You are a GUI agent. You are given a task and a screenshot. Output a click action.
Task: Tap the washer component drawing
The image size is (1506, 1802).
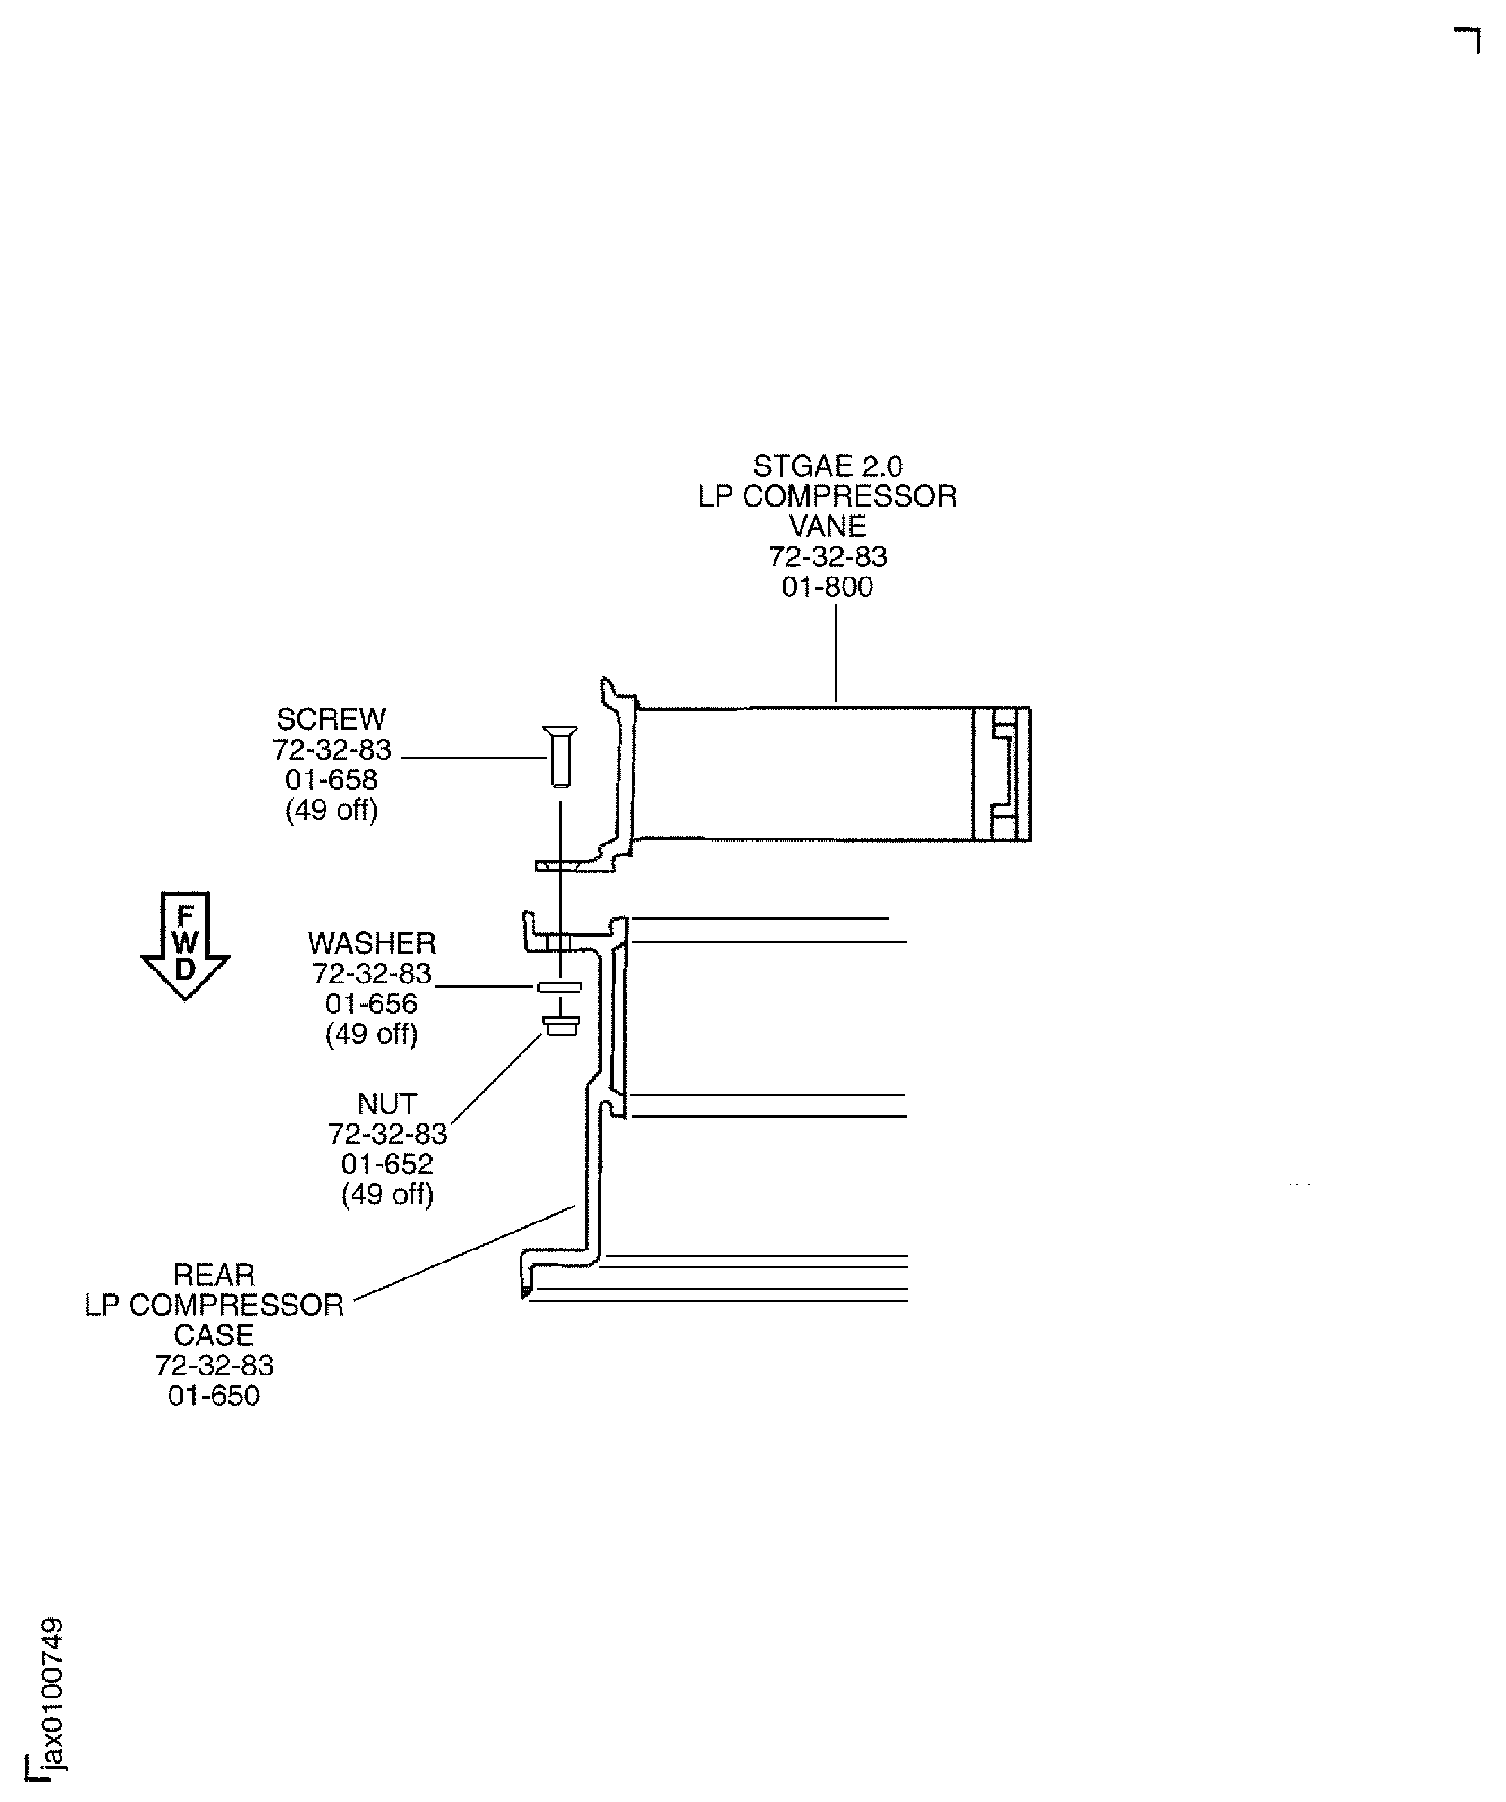(x=559, y=987)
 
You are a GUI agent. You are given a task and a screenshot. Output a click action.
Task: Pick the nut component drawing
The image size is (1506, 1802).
(x=561, y=1026)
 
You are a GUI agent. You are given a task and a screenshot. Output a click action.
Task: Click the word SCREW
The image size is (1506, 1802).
(x=331, y=719)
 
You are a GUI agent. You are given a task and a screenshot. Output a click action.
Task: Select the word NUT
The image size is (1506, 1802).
(x=387, y=1104)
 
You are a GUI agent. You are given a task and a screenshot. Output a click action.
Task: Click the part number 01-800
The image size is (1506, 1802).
(x=827, y=587)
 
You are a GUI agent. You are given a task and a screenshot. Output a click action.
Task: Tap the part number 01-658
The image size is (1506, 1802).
(x=331, y=779)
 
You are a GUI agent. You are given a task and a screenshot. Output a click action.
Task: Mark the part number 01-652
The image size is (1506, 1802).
(x=387, y=1164)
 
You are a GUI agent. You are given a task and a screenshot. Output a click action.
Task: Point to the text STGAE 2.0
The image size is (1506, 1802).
(x=827, y=467)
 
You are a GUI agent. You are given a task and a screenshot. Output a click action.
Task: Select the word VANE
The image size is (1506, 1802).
(x=827, y=526)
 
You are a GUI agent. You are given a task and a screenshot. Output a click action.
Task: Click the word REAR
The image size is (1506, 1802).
(x=214, y=1275)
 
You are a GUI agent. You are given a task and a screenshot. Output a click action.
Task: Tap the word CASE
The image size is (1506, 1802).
(x=214, y=1335)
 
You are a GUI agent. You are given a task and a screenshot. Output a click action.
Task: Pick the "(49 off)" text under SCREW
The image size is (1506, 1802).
(x=331, y=809)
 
